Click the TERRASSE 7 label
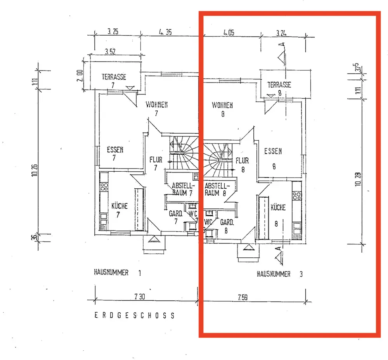click(x=114, y=80)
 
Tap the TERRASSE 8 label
click(x=279, y=88)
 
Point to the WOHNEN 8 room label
click(x=222, y=109)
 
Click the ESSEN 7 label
click(x=115, y=153)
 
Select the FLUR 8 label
click(x=242, y=164)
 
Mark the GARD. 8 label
click(x=226, y=226)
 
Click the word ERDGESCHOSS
click(x=134, y=315)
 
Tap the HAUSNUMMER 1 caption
click(x=117, y=273)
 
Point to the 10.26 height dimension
click(x=35, y=170)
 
